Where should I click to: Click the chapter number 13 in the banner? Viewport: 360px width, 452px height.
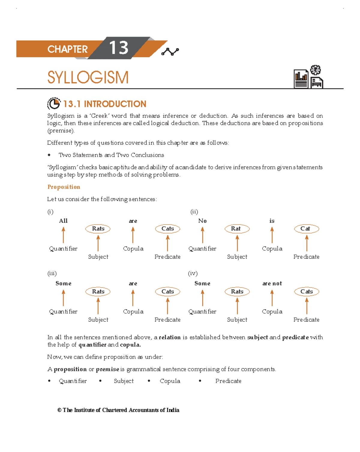pyautogui.click(x=118, y=48)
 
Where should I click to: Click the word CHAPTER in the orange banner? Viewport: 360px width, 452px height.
pyautogui.click(x=67, y=49)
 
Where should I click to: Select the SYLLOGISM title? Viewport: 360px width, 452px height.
pyautogui.click(x=88, y=77)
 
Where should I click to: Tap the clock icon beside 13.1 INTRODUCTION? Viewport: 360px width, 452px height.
pyautogui.click(x=54, y=104)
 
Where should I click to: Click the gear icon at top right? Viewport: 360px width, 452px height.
pyautogui.click(x=315, y=70)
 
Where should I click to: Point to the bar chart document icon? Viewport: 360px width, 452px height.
pyautogui.click(x=301, y=79)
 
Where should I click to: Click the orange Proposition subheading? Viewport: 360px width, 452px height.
pyautogui.click(x=64, y=187)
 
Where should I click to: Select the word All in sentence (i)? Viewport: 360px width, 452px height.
pyautogui.click(x=63, y=221)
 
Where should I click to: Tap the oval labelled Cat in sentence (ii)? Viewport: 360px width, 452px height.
pyautogui.click(x=306, y=229)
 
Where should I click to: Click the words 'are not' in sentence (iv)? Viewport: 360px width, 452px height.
pyautogui.click(x=272, y=284)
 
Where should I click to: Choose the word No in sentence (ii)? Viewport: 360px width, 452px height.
pyautogui.click(x=202, y=221)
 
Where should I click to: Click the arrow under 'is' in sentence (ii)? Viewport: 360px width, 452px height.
pyautogui.click(x=272, y=235)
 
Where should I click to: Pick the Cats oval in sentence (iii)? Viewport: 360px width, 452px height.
pyautogui.click(x=167, y=291)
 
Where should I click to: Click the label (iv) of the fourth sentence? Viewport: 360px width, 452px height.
pyautogui.click(x=193, y=273)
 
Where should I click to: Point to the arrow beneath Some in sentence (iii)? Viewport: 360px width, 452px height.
pyautogui.click(x=63, y=298)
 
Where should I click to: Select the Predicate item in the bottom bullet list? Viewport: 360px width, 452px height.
pyautogui.click(x=228, y=381)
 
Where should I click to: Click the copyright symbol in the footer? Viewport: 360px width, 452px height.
pyautogui.click(x=59, y=410)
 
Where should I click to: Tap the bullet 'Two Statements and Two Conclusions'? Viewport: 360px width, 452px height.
pyautogui.click(x=111, y=155)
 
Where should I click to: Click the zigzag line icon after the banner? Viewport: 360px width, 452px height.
pyautogui.click(x=170, y=52)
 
